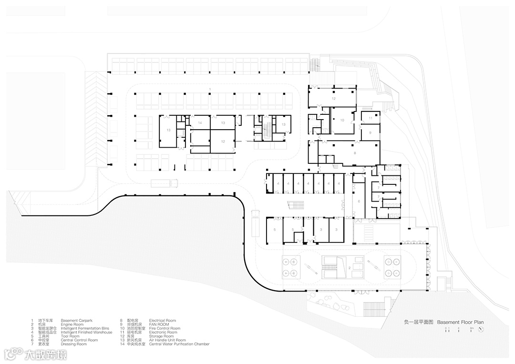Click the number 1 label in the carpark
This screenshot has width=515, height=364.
click(x=210, y=89)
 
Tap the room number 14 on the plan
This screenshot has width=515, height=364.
click(x=201, y=123)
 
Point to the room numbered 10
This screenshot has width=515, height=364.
click(x=342, y=120)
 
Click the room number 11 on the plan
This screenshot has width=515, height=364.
click(x=371, y=118)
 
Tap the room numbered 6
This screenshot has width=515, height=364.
click(x=359, y=202)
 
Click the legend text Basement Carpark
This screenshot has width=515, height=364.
click(x=75, y=321)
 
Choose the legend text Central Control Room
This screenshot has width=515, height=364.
click(x=79, y=340)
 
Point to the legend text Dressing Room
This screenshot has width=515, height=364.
click(x=73, y=344)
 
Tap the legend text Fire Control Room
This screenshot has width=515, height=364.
click(x=165, y=328)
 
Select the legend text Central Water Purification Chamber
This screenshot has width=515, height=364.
click(x=179, y=344)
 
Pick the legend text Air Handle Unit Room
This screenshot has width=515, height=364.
click(x=167, y=340)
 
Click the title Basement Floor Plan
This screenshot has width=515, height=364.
click(x=460, y=323)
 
